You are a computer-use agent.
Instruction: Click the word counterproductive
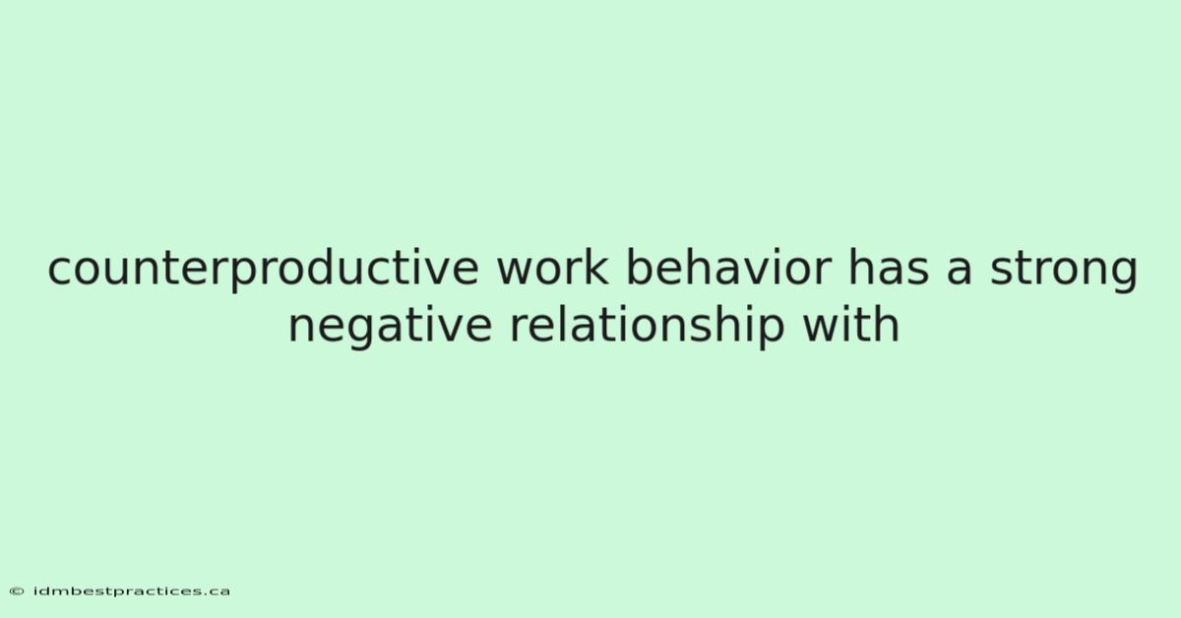click(263, 269)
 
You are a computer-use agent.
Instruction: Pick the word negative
click(390, 327)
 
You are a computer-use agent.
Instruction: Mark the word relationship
click(647, 327)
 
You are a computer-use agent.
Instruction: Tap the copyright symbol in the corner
click(17, 591)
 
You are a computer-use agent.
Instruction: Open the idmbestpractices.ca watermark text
click(132, 591)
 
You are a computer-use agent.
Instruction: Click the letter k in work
click(595, 267)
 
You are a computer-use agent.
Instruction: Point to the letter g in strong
click(1123, 275)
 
